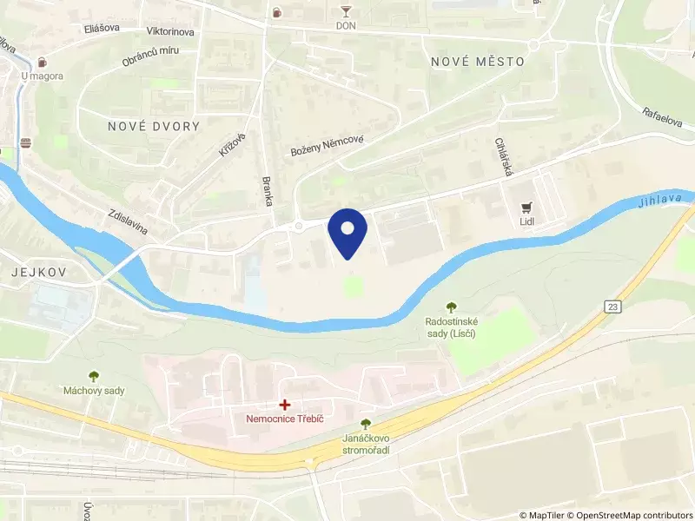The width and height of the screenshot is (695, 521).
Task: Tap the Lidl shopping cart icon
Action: [x=526, y=208]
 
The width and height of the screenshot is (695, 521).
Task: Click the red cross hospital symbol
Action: [x=284, y=405]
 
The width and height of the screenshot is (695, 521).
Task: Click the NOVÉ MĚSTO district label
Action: [x=478, y=62]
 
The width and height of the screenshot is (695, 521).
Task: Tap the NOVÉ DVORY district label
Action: [x=154, y=126]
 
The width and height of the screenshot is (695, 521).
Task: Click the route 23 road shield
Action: [x=614, y=307]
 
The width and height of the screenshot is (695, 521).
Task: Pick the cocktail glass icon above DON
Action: [x=346, y=11]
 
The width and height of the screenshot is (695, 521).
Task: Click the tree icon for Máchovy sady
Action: [x=94, y=375]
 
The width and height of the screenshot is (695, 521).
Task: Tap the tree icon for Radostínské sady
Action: [x=451, y=306]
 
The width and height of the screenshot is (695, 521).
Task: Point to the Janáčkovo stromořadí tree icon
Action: [x=366, y=423]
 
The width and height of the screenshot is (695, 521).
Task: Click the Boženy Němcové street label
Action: [x=327, y=146]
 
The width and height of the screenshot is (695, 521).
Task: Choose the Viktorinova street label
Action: [x=170, y=31]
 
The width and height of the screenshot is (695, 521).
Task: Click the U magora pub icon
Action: [x=42, y=62]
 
